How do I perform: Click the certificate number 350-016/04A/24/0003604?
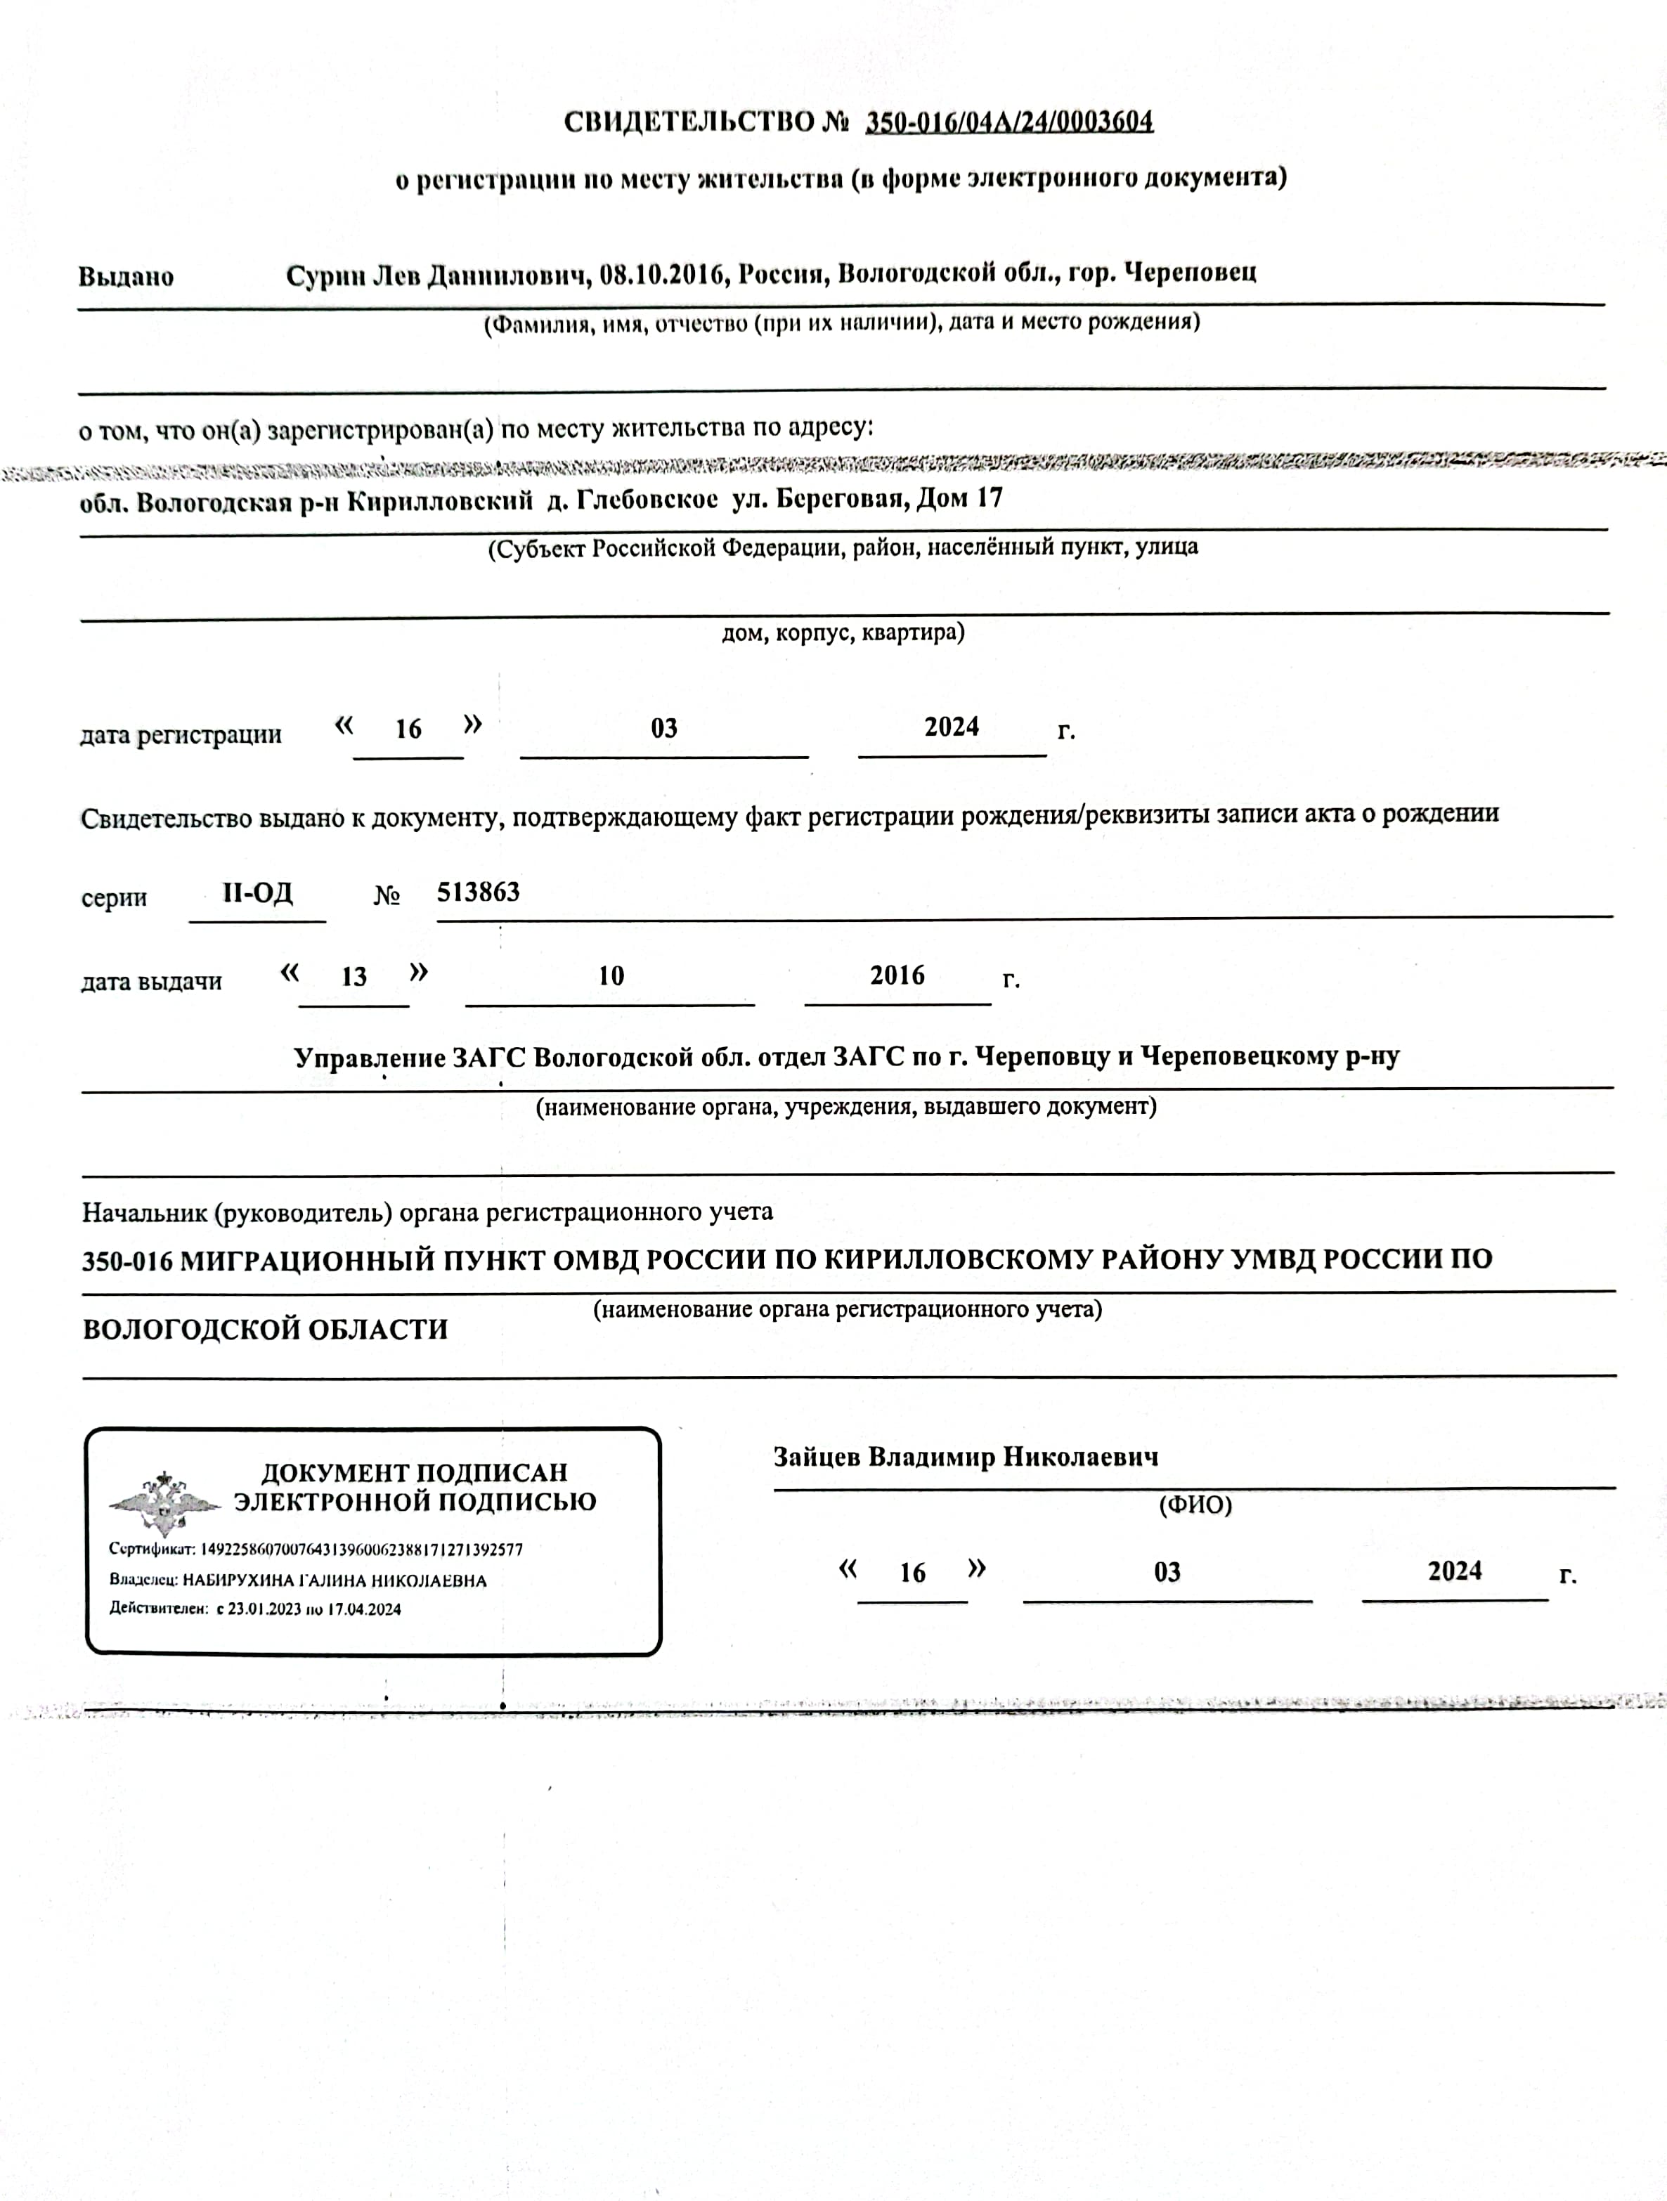[1009, 122]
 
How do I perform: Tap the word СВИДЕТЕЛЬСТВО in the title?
[689, 122]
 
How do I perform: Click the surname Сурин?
[325, 275]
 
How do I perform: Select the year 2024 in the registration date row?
[952, 727]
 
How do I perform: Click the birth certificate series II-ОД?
[258, 892]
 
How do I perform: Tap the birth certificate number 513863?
[479, 892]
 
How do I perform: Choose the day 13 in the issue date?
[354, 977]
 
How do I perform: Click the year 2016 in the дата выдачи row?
[897, 976]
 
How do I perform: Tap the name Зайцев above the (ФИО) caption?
[817, 1457]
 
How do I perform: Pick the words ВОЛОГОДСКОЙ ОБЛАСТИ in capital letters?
[265, 1330]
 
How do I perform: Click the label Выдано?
[127, 277]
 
